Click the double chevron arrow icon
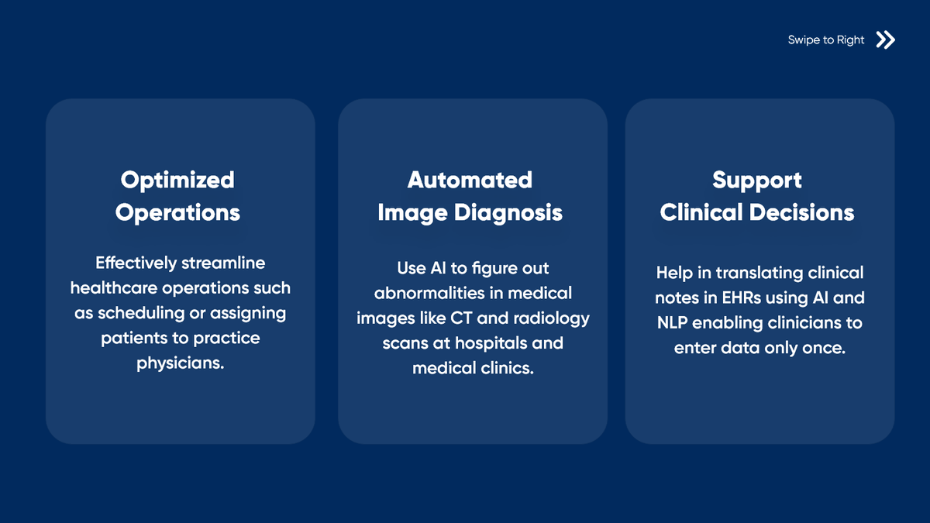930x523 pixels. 885,40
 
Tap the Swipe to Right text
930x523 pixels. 825,40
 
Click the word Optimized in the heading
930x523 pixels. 177,180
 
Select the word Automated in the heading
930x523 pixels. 470,180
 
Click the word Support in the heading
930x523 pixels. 757,180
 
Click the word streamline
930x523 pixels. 223,263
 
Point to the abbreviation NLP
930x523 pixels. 672,322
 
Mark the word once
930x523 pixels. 822,348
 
